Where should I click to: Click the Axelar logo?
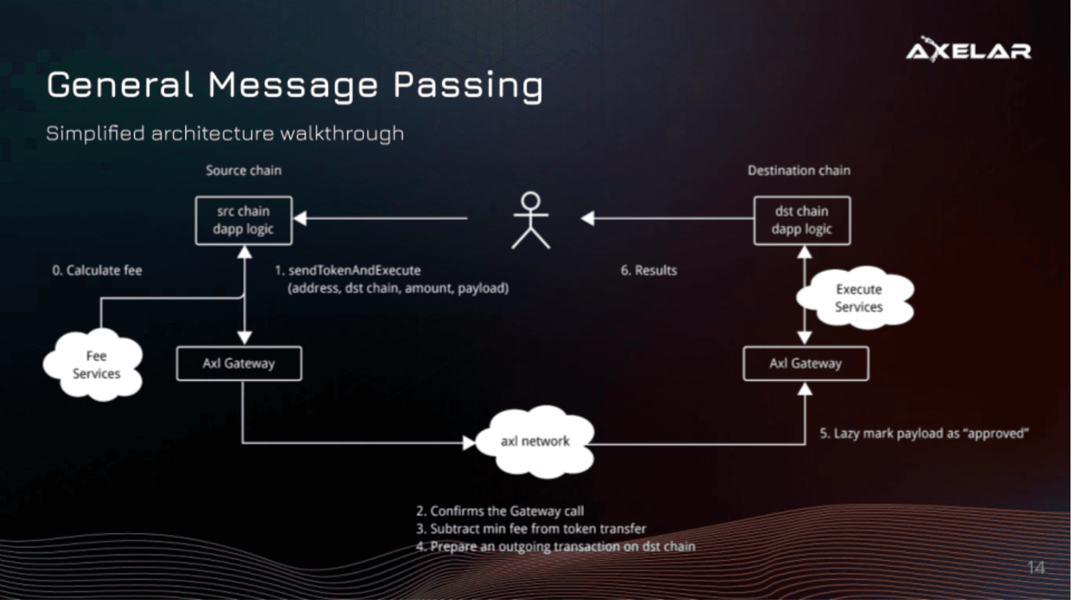(968, 49)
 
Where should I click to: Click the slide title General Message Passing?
(294, 85)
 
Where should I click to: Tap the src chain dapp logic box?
(244, 220)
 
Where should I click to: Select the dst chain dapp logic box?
(802, 220)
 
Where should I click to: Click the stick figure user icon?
(530, 220)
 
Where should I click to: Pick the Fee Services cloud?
(95, 365)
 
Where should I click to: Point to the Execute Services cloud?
(858, 298)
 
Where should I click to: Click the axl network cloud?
(535, 442)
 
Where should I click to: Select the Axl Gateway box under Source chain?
(239, 363)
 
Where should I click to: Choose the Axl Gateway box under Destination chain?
(805, 363)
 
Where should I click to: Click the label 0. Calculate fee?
(97, 271)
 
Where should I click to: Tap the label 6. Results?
(648, 271)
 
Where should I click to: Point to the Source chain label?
(244, 170)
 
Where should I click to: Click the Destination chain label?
(799, 170)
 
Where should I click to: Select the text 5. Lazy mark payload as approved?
(924, 433)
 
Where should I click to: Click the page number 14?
(1036, 567)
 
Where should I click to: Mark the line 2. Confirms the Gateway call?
(500, 511)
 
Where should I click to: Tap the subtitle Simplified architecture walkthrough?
(225, 133)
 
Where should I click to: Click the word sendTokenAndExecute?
(354, 271)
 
